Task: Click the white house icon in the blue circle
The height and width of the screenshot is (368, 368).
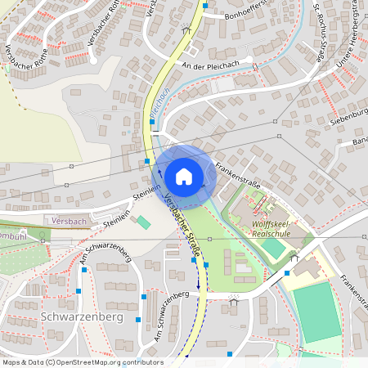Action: (x=184, y=176)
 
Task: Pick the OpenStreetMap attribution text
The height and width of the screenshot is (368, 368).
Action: (x=82, y=362)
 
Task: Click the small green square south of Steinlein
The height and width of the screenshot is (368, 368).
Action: (x=144, y=222)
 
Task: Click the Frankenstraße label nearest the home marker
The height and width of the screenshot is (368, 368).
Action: (x=238, y=173)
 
